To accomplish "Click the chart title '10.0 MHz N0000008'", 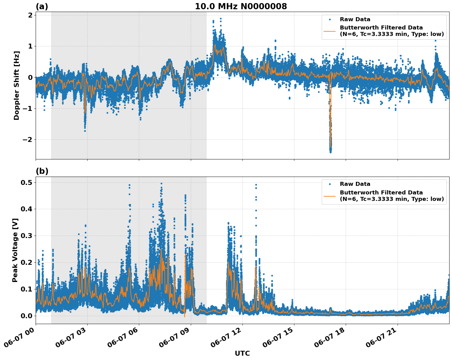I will [x=241, y=6].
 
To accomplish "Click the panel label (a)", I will [x=42, y=6].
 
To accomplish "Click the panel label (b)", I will [x=42, y=171].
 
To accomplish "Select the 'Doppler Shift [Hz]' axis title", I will [x=17, y=85].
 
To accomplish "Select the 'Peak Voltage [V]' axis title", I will [x=15, y=250].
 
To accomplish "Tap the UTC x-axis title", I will [x=242, y=353].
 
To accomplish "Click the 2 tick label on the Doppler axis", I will [x=30, y=15].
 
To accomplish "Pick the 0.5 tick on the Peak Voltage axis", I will [x=27, y=182].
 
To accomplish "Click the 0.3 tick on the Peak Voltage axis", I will [x=27, y=236].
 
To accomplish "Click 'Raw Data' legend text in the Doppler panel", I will [x=355, y=19].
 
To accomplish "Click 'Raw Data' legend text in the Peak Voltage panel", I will [x=355, y=184].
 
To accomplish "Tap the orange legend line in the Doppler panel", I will [x=329, y=31].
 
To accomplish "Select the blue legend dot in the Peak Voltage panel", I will [x=329, y=184].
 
